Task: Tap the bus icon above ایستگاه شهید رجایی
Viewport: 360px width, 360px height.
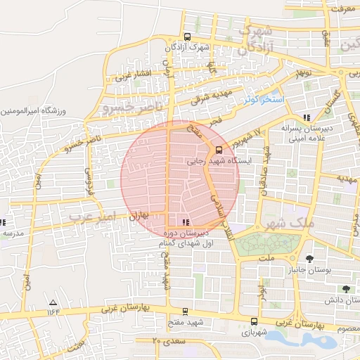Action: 218,149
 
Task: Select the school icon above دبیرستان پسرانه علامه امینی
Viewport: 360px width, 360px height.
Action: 306,117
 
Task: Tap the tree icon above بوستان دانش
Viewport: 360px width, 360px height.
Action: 345,288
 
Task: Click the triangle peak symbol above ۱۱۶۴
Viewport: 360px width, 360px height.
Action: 53,301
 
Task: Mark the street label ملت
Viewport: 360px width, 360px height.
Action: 266,259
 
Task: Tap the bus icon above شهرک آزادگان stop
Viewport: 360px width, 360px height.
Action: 186,37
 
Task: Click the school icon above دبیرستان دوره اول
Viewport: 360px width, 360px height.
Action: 176,222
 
